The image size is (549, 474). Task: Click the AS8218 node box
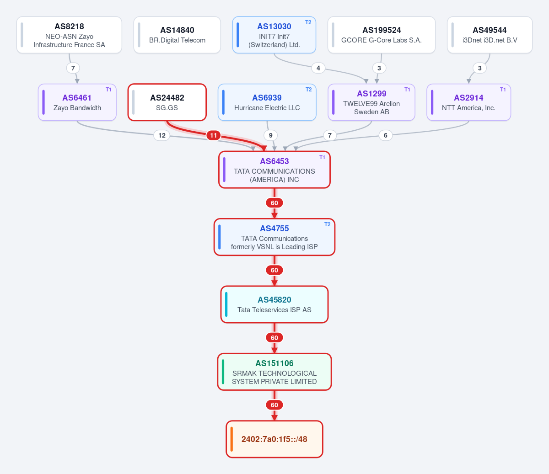pyautogui.click(x=69, y=35)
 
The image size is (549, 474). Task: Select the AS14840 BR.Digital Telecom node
pyautogui.click(x=177, y=35)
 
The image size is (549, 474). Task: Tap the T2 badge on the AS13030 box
pyautogui.click(x=308, y=22)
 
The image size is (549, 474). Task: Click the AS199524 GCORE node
pyautogui.click(x=382, y=35)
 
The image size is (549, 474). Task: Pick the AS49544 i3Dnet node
pyautogui.click(x=490, y=35)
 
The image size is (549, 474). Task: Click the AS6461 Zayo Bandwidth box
pyautogui.click(x=77, y=102)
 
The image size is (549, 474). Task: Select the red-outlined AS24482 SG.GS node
pyautogui.click(x=167, y=102)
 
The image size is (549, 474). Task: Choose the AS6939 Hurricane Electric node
pyautogui.click(x=267, y=102)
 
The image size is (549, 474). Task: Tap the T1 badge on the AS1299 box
pyautogui.click(x=407, y=90)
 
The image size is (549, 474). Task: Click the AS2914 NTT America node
pyautogui.click(x=469, y=102)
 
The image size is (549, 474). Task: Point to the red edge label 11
pyautogui.click(x=214, y=135)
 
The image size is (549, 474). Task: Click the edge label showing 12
pyautogui.click(x=162, y=135)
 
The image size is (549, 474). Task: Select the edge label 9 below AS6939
pyautogui.click(x=271, y=135)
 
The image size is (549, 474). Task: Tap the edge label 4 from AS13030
pyautogui.click(x=318, y=68)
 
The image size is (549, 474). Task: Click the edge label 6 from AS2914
pyautogui.click(x=386, y=135)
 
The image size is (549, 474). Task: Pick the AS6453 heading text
pyautogui.click(x=274, y=161)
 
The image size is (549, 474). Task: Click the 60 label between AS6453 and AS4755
pyautogui.click(x=274, y=203)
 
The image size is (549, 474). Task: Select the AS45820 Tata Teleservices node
pyautogui.click(x=274, y=304)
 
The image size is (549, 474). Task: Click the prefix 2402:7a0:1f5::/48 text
pyautogui.click(x=274, y=439)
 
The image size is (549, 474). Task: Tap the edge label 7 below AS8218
pyautogui.click(x=73, y=68)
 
